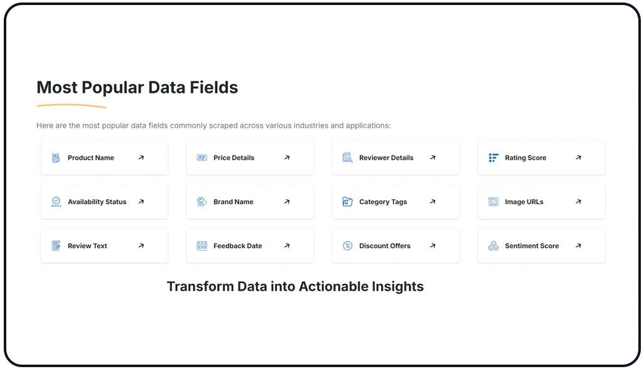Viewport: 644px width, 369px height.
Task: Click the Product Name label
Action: (x=90, y=158)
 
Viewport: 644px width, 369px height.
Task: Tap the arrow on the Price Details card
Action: (x=287, y=158)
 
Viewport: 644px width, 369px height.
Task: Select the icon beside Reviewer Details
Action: (x=347, y=158)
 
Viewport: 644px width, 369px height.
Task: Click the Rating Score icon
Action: (x=493, y=158)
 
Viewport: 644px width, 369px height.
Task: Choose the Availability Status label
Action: (x=97, y=202)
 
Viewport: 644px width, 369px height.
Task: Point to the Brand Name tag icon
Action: (x=201, y=202)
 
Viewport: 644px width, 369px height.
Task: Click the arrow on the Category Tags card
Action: (x=432, y=202)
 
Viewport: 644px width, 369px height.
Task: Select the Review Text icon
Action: (x=56, y=246)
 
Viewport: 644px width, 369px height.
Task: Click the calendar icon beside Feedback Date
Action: (x=201, y=246)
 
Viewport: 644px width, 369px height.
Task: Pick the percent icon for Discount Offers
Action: (x=347, y=246)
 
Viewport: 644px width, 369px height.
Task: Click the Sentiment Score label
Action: (x=532, y=246)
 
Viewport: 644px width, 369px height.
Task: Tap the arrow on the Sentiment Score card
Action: (x=578, y=246)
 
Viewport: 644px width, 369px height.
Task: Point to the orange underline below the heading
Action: (x=71, y=106)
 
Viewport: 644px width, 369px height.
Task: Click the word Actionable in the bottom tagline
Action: (x=338, y=286)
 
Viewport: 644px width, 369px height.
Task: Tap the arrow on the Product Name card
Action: (x=141, y=158)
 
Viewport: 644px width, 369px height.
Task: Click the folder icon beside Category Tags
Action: (x=347, y=202)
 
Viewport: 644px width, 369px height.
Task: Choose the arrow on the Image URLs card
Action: (x=578, y=202)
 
